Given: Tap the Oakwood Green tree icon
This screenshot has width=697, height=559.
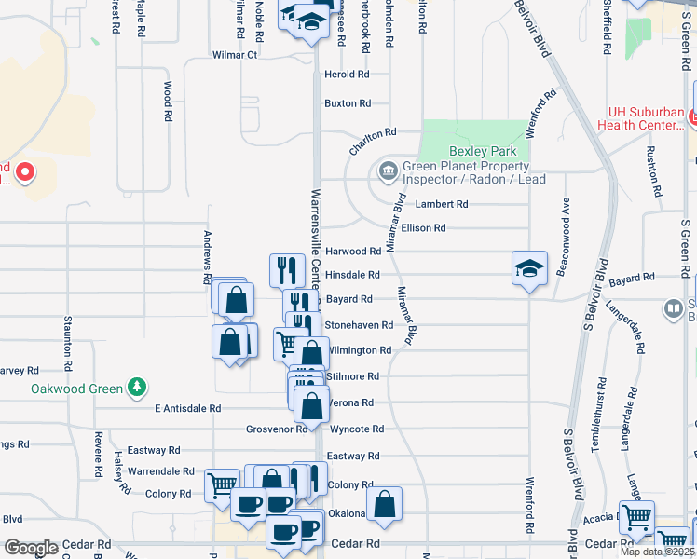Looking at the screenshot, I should click(x=138, y=386).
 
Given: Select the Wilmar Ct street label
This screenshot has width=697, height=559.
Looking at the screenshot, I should click(x=235, y=55).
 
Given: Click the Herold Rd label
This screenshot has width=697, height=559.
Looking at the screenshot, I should click(x=347, y=75).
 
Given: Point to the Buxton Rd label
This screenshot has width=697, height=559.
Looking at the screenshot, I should click(x=348, y=103).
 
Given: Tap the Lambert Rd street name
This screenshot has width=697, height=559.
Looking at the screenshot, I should click(x=442, y=204).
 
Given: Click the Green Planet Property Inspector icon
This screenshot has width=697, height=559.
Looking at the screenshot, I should click(x=386, y=170).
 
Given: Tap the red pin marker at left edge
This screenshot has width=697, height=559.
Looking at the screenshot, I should click(x=24, y=172).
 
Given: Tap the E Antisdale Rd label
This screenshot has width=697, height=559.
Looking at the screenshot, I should click(x=188, y=408).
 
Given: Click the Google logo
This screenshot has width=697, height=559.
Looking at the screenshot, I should click(x=32, y=548).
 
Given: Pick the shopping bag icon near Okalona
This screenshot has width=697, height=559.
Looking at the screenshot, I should click(x=384, y=505).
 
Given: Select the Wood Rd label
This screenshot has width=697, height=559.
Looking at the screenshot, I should click(x=169, y=102).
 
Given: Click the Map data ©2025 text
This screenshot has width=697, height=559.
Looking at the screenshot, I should click(x=656, y=552).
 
